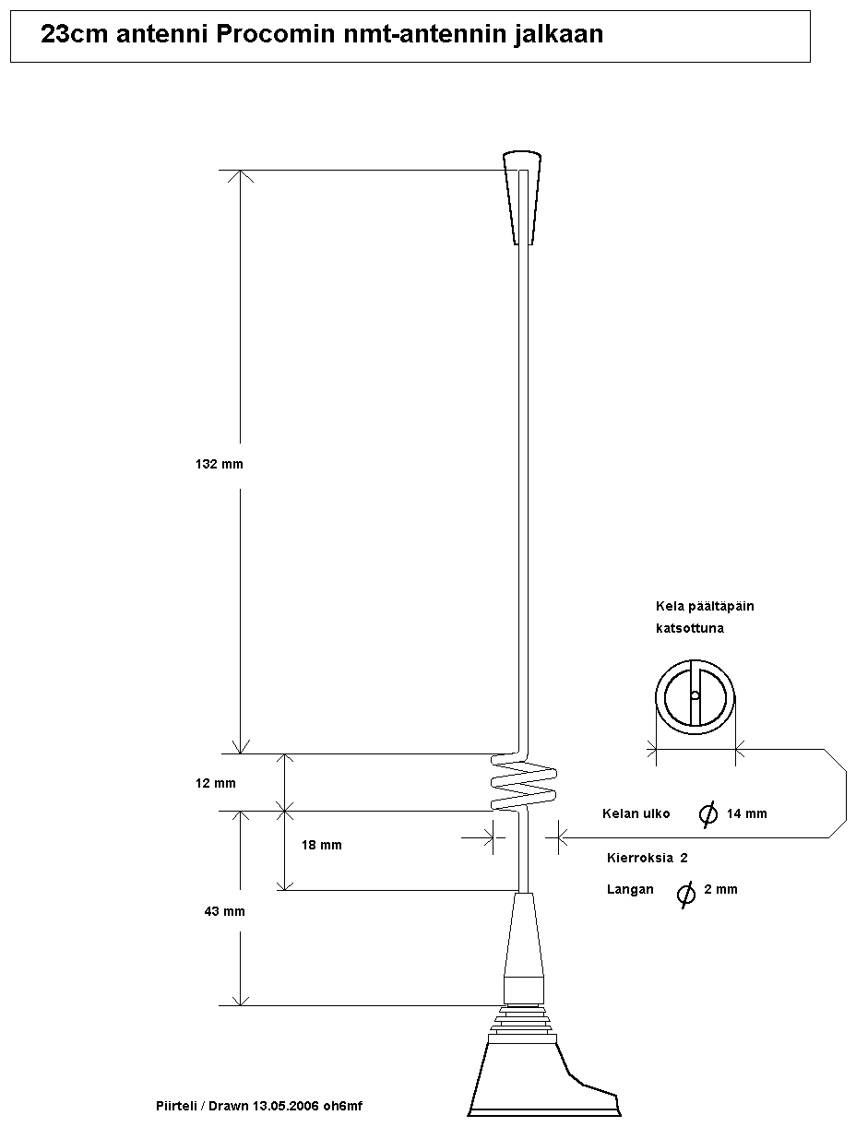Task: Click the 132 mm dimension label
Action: tap(220, 464)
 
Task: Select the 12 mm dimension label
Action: tap(216, 783)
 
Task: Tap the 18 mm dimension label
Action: tap(321, 845)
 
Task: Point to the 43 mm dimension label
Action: tap(225, 911)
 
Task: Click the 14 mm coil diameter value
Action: tap(746, 813)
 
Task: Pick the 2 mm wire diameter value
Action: tap(720, 889)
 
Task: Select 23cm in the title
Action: tap(75, 34)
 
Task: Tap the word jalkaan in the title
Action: tap(558, 35)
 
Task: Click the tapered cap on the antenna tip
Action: tap(522, 197)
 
